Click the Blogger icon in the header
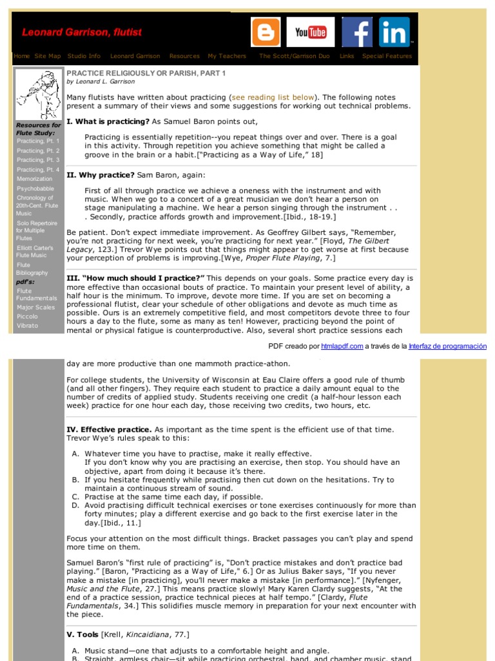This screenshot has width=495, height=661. [x=266, y=32]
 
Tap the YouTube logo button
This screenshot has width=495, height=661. [x=311, y=32]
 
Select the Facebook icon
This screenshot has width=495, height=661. [x=356, y=32]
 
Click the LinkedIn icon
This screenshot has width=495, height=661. [x=394, y=32]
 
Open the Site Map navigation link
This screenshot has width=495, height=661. [x=48, y=56]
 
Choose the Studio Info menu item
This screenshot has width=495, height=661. [x=84, y=56]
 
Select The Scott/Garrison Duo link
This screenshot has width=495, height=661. [x=294, y=56]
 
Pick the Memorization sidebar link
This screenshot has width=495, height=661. [x=35, y=179]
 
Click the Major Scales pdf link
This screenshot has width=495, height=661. [x=36, y=307]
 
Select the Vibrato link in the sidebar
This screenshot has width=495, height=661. [x=28, y=325]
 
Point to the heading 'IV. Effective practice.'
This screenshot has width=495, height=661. [x=110, y=429]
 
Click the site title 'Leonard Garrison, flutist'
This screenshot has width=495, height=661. [x=82, y=32]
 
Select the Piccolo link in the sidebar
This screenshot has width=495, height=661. [x=28, y=316]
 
